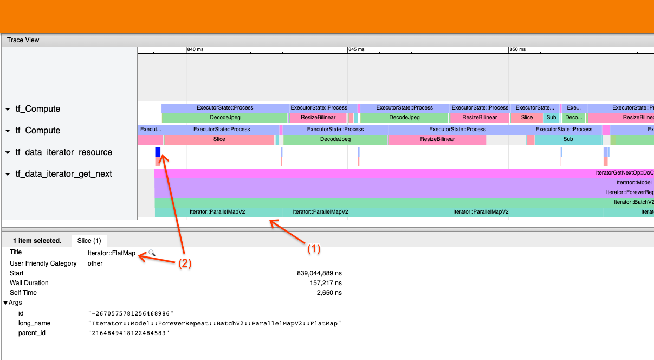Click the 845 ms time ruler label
(357, 49)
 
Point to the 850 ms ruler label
(517, 49)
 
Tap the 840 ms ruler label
(195, 49)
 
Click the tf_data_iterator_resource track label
(63, 152)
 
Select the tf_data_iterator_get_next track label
(63, 174)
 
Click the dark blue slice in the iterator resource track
(158, 152)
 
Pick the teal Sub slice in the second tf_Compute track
(568, 139)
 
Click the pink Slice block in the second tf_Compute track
(219, 139)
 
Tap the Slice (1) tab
(89, 241)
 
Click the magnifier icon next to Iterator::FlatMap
(152, 253)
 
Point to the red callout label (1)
(314, 249)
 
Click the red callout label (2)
(185, 263)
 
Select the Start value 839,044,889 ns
(319, 273)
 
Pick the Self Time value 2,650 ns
(329, 293)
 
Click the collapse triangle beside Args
(5, 303)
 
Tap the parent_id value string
(129, 333)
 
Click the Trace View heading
(23, 40)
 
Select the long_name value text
(215, 323)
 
